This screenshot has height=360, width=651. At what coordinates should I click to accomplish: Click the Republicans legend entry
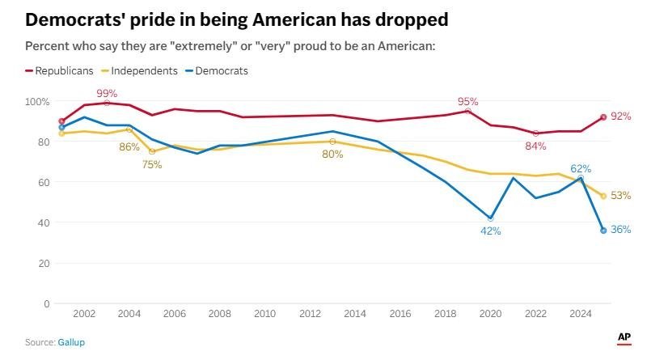70,70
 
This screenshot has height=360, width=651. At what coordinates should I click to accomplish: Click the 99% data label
107,92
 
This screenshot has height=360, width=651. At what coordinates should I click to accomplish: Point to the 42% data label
491,231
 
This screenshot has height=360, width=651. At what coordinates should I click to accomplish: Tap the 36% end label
621,230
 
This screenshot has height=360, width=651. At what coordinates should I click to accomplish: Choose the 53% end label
621,196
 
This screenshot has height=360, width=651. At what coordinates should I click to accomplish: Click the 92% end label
621,116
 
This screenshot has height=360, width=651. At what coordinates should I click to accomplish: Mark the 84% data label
535,146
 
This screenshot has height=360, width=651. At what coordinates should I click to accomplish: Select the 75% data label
152,164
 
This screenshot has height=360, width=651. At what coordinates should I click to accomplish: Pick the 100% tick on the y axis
36,102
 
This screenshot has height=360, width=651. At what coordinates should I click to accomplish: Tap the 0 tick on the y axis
46,304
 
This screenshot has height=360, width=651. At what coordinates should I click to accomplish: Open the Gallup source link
71,343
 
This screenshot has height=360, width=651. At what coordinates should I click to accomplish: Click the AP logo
624,337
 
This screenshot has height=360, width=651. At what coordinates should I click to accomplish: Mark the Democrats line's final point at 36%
603,231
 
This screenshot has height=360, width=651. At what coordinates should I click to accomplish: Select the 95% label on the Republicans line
468,102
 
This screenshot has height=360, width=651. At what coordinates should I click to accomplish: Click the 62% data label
581,169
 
